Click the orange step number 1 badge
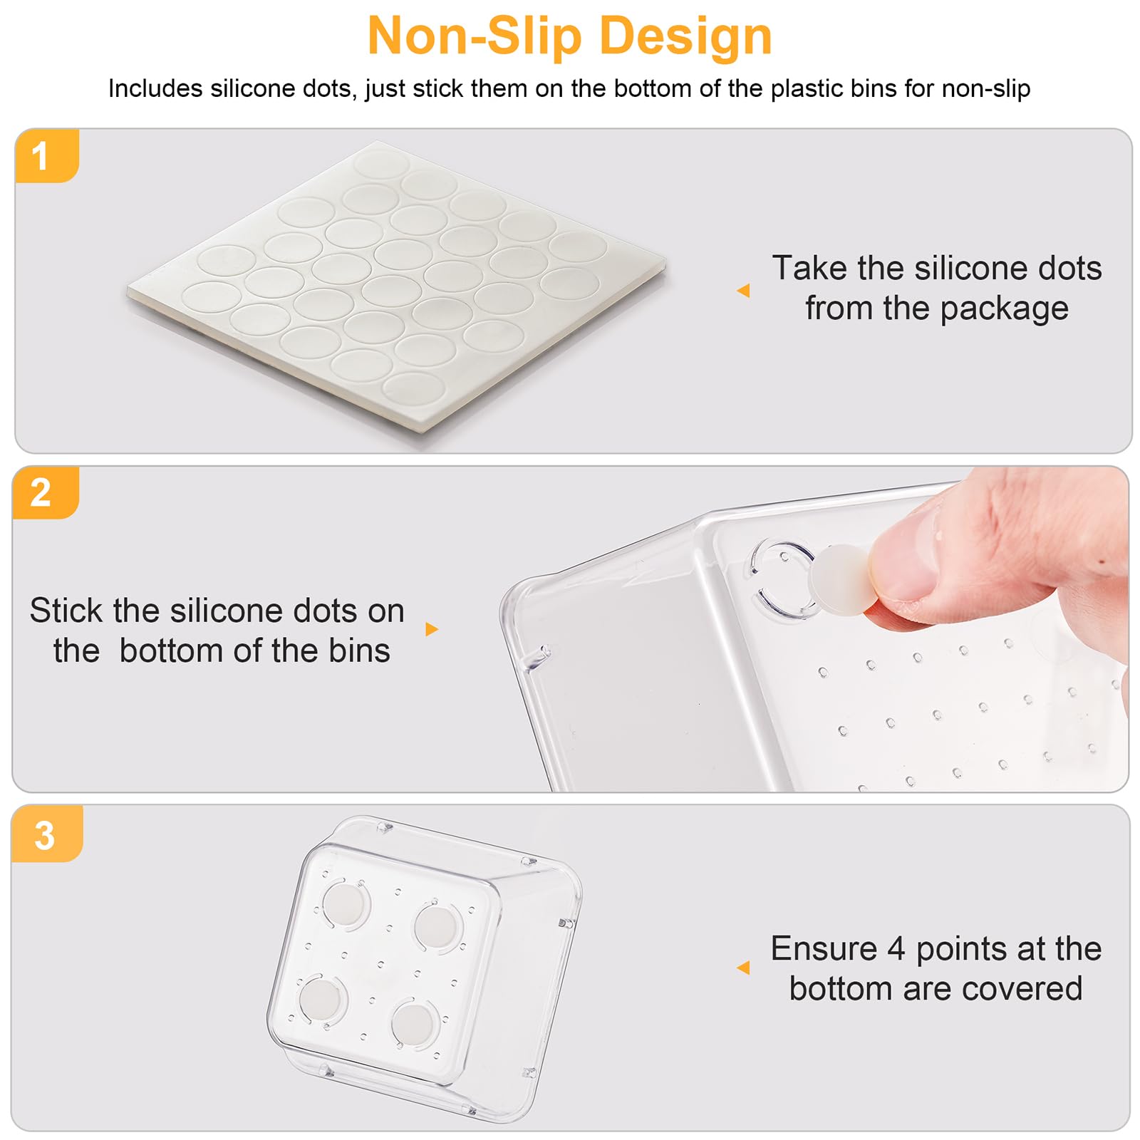click(x=46, y=155)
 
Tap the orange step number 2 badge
click(x=45, y=492)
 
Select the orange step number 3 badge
click(x=47, y=834)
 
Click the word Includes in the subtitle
click(x=155, y=88)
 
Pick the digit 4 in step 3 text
click(x=896, y=949)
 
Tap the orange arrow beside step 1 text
click(x=743, y=290)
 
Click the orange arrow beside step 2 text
click(x=432, y=629)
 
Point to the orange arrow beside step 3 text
click(x=743, y=967)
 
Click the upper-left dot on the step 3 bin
click(x=346, y=905)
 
